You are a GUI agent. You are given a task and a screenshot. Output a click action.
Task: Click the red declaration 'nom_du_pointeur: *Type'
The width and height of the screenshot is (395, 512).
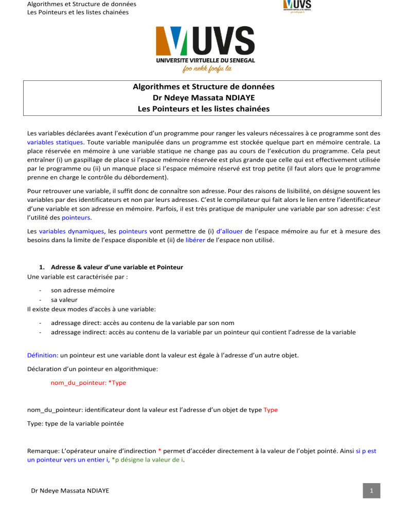point(88,383)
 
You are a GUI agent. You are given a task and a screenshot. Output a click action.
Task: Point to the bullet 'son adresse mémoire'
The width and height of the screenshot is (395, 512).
point(83,290)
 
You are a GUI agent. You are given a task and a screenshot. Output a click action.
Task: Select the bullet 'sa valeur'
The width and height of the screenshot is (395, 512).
point(65,299)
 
